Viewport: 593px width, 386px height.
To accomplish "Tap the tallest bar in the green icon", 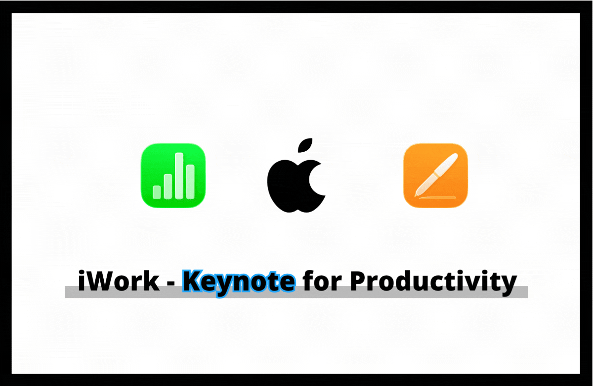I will [179, 175].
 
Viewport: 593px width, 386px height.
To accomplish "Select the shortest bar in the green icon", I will [157, 192].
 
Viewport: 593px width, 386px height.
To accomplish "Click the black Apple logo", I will [296, 183].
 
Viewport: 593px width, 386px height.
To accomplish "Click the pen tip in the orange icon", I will [418, 189].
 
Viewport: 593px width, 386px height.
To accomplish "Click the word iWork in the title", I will [119, 282].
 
